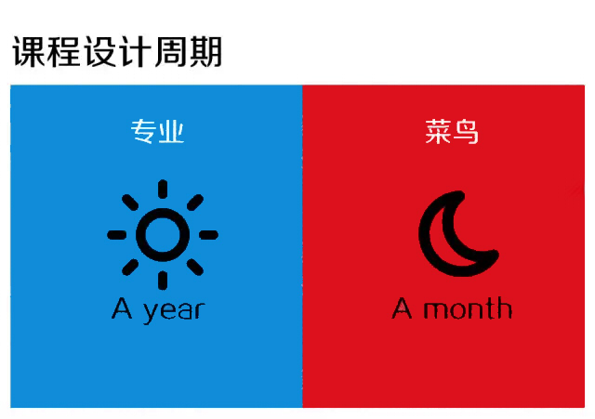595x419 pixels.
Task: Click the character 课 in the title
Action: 29,52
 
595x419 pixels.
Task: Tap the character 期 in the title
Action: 205,52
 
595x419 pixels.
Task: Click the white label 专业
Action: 157,132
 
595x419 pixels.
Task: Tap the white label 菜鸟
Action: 452,132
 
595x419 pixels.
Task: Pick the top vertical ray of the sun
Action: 163,189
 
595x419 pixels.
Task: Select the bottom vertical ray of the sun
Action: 163,281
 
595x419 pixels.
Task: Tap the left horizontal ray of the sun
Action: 117,235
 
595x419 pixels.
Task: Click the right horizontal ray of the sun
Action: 208,235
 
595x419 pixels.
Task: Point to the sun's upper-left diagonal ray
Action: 130,203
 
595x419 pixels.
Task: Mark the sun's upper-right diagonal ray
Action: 195,203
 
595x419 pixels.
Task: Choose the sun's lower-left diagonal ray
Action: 130,267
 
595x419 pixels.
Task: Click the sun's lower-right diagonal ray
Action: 195,267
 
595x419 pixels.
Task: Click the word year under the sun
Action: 174,311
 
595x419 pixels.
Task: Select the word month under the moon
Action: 468,308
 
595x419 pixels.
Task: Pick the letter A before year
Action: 122,308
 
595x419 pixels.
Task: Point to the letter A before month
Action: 402,308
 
